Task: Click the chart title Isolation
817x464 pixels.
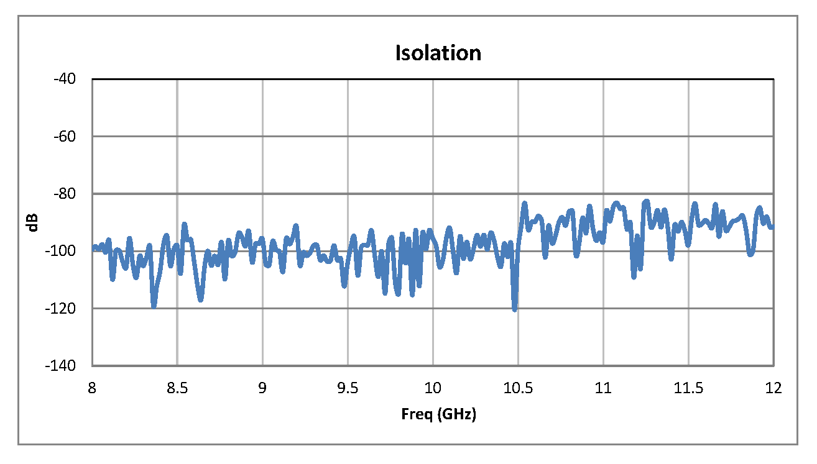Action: click(438, 53)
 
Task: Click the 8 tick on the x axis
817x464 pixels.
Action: click(92, 388)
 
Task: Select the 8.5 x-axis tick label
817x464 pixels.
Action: click(177, 388)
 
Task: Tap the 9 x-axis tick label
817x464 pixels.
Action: click(262, 388)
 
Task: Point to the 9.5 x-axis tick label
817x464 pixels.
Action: click(348, 388)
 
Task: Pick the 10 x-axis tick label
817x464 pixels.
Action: click(433, 388)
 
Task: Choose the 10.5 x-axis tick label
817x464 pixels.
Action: click(518, 388)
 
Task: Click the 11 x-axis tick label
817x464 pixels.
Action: click(603, 388)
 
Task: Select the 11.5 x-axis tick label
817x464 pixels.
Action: click(688, 388)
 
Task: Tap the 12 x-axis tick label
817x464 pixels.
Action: click(773, 388)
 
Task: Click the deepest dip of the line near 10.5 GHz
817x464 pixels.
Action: click(515, 309)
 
